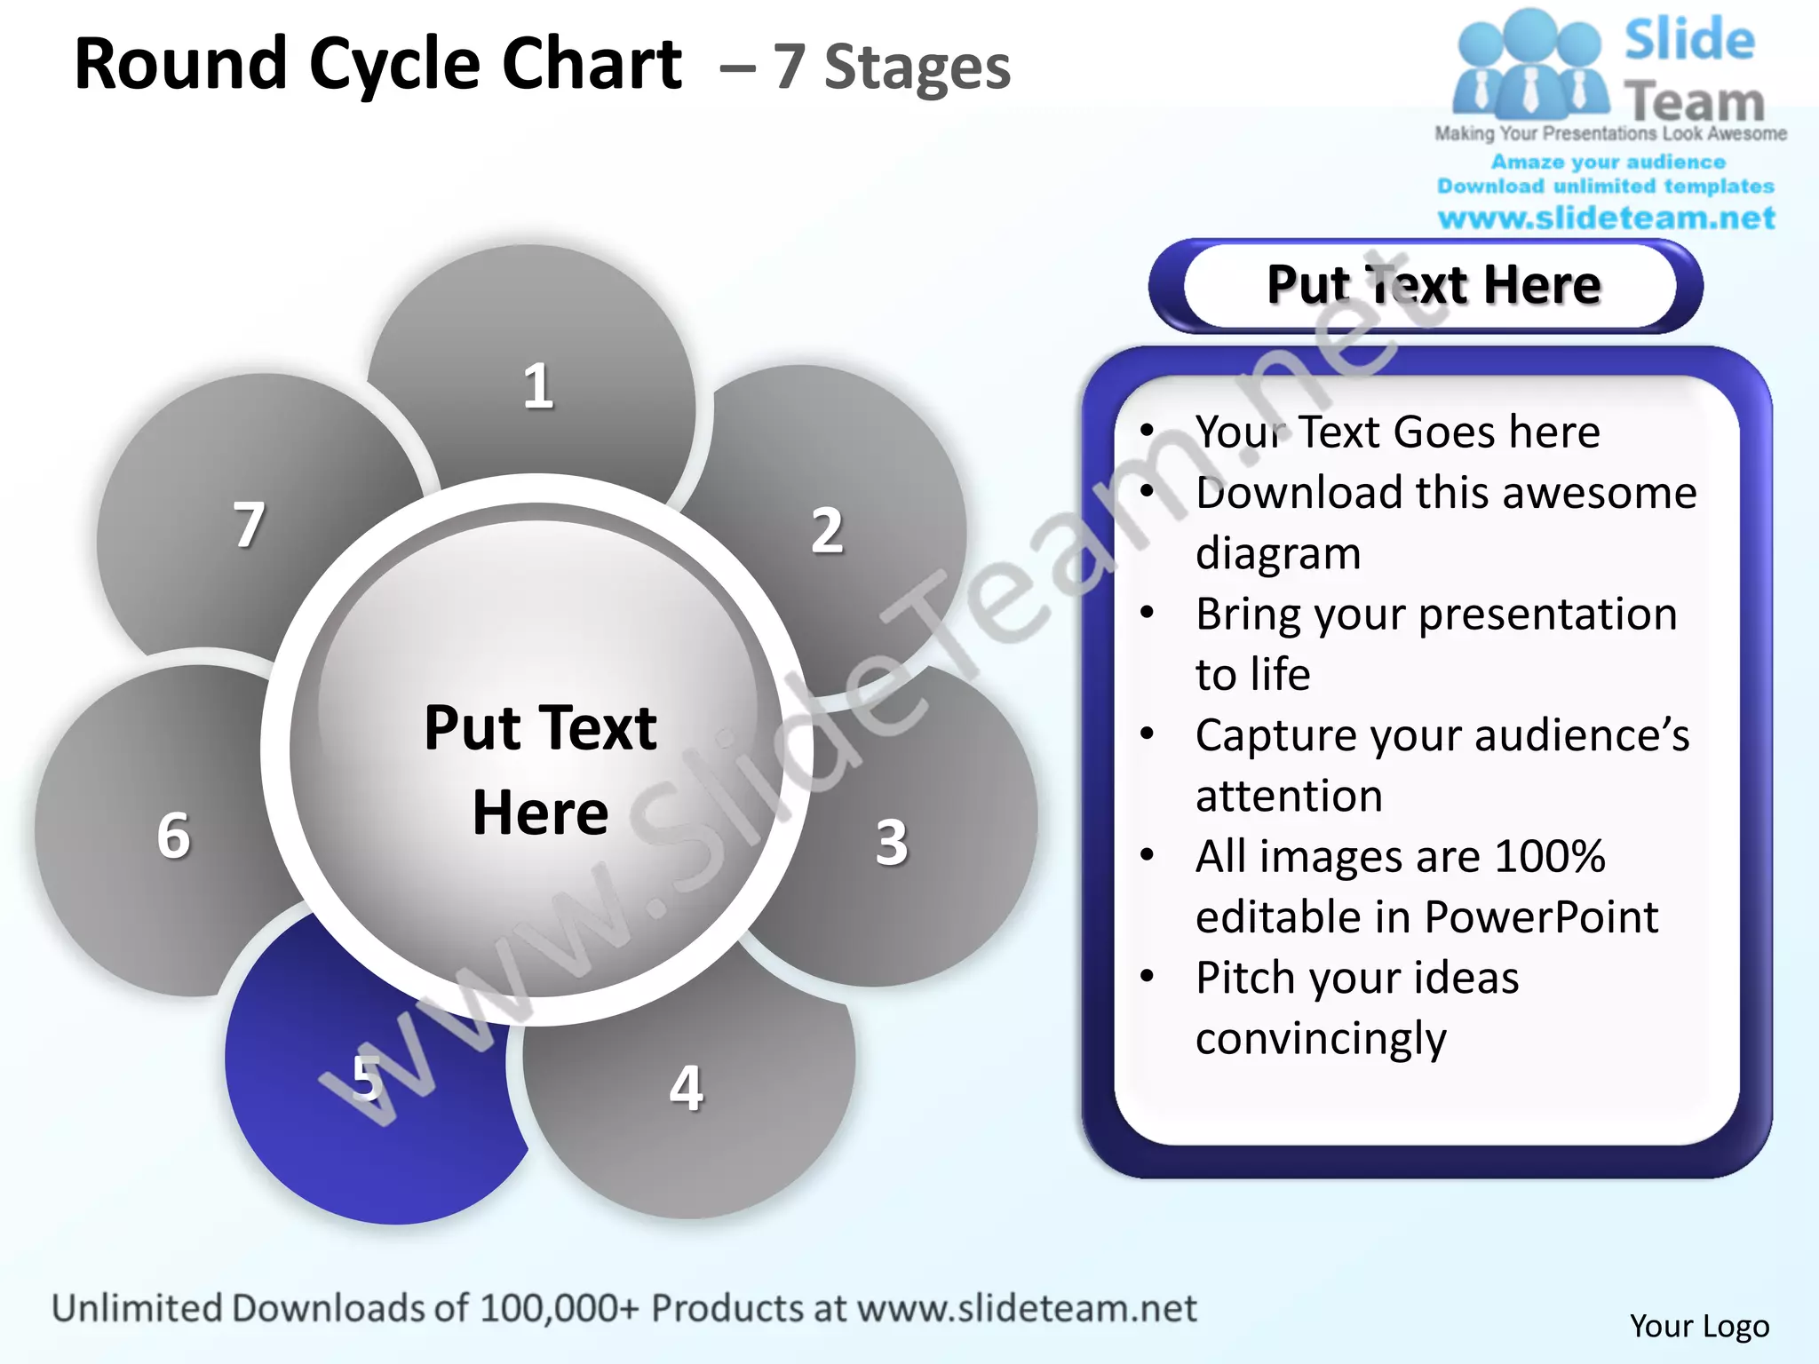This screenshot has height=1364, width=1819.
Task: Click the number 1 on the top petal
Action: tap(537, 387)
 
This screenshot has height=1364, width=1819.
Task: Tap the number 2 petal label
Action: tap(827, 531)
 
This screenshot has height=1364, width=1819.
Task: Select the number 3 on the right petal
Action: tap(892, 842)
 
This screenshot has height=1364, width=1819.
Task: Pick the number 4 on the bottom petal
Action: tap(686, 1088)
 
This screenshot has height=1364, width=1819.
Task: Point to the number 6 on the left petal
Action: tap(173, 836)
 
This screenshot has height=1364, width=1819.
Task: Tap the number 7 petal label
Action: tap(249, 525)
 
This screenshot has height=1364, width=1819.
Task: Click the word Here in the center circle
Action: tap(540, 813)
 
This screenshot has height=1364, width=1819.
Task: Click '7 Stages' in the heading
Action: tap(891, 67)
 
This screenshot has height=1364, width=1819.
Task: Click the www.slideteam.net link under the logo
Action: tap(1606, 218)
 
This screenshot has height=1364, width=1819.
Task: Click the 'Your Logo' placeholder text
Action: tap(1698, 1326)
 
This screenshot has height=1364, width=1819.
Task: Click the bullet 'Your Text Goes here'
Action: tap(1397, 432)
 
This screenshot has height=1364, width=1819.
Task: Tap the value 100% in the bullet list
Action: tap(1549, 856)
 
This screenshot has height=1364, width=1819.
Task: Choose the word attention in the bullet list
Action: tap(1289, 796)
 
